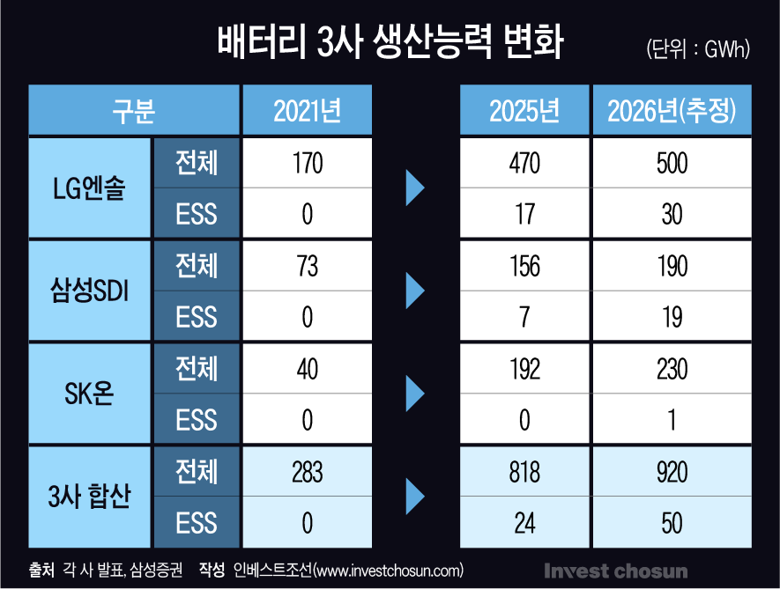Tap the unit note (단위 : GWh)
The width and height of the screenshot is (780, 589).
(697, 49)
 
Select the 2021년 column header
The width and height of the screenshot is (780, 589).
(307, 110)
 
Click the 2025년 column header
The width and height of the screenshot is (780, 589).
(524, 110)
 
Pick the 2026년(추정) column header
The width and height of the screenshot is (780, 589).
(672, 110)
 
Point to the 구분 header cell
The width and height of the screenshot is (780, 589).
(133, 110)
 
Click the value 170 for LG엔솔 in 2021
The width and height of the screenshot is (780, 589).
(307, 163)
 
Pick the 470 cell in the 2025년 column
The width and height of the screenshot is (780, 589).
(524, 163)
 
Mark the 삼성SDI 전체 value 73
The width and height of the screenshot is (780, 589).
(307, 265)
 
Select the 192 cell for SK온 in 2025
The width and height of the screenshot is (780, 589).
(524, 368)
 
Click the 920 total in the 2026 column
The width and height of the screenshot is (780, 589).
(672, 471)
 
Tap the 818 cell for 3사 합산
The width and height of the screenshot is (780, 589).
(524, 471)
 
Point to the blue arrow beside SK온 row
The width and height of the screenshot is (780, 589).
(414, 394)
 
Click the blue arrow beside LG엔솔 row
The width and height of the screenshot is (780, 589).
(414, 188)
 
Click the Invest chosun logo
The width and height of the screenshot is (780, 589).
(615, 571)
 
